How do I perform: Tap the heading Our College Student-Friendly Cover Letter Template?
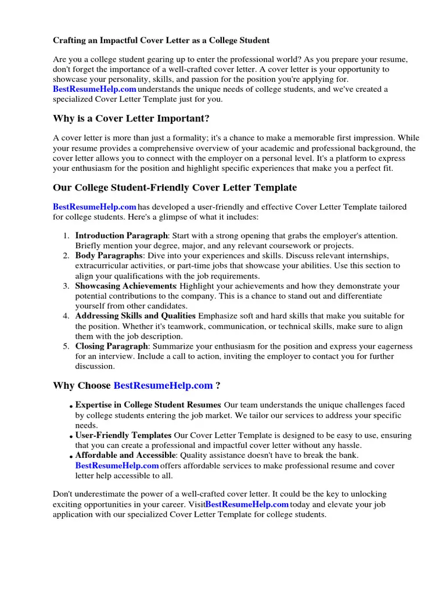[x=175, y=188]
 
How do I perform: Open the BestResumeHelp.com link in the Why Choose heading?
[x=163, y=385]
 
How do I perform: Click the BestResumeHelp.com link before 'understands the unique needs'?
[x=95, y=89]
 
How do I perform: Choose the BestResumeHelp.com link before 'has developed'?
[x=95, y=207]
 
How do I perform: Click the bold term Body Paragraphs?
[x=109, y=256]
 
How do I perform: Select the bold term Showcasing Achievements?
[x=125, y=286]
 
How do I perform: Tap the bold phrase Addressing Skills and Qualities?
[x=135, y=316]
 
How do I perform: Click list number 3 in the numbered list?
[x=66, y=286]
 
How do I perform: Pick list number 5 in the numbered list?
[x=66, y=346]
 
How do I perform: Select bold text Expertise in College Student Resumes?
[x=148, y=404]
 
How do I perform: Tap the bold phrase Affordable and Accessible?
[x=125, y=455]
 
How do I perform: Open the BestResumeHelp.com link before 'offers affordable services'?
[x=117, y=465]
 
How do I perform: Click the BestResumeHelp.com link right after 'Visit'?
[x=247, y=504]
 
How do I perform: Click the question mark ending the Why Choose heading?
[x=218, y=385]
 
